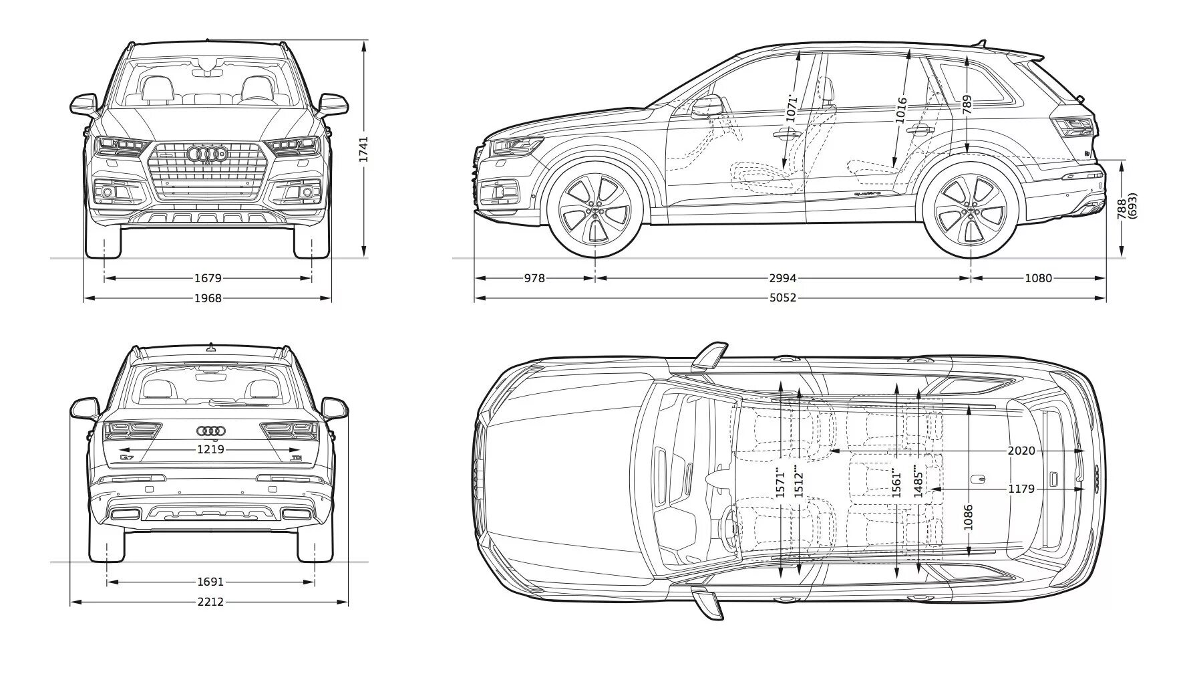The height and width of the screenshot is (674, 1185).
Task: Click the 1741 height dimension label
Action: point(364,150)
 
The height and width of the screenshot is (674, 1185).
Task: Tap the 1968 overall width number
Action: point(208,298)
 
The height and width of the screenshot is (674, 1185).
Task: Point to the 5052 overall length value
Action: point(782,298)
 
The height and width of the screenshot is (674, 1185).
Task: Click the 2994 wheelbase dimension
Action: point(782,278)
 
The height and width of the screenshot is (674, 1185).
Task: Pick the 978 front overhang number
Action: point(534,278)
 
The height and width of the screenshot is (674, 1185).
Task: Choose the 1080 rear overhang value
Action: point(1038,278)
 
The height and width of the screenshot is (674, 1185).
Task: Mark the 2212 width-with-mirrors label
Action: point(210,602)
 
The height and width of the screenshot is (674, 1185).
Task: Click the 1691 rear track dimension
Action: point(210,582)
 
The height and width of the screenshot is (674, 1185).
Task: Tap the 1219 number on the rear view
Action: point(210,450)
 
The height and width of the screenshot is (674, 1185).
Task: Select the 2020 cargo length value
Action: point(1021,451)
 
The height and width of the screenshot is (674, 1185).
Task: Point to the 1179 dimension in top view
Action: point(1021,489)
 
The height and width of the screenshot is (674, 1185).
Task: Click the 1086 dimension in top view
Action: point(969,517)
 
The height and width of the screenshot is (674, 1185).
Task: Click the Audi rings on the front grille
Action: point(208,154)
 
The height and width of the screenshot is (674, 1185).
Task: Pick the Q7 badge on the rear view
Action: point(127,458)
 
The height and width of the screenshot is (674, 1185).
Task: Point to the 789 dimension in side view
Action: point(967,103)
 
